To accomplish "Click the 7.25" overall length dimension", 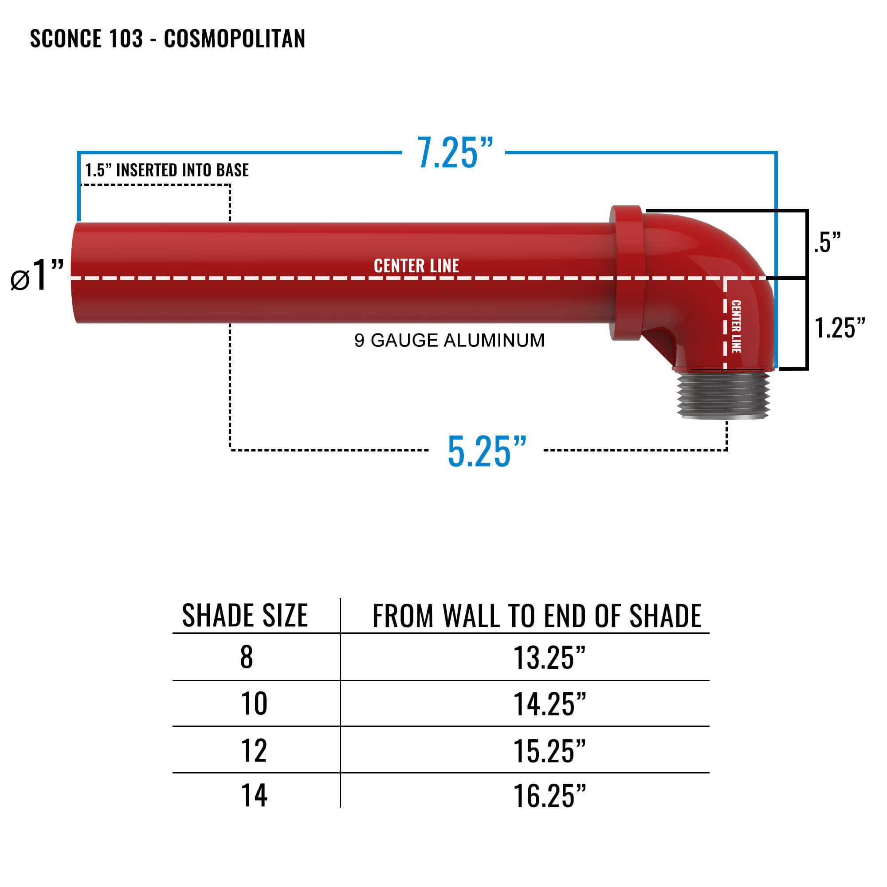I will (x=455, y=153).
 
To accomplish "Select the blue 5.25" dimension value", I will (x=487, y=452).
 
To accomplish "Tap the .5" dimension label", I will (x=827, y=243).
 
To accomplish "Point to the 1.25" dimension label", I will (x=839, y=328).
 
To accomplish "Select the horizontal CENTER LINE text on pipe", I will (x=416, y=266).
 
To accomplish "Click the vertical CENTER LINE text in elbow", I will (x=735, y=326).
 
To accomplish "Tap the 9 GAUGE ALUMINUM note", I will (x=449, y=340).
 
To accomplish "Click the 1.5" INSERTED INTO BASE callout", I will (x=167, y=170).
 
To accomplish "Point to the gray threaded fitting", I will (x=722, y=395).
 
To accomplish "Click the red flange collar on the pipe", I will (x=626, y=273).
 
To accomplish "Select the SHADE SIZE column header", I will (x=245, y=616).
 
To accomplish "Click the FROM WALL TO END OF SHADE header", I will (x=536, y=616).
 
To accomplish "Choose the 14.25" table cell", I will (x=549, y=704).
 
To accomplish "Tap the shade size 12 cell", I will (x=253, y=751).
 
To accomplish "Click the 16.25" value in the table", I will (x=549, y=796).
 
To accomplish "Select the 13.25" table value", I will (x=549, y=658).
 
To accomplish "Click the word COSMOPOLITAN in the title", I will (x=234, y=39).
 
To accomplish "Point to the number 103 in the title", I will (x=126, y=39).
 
